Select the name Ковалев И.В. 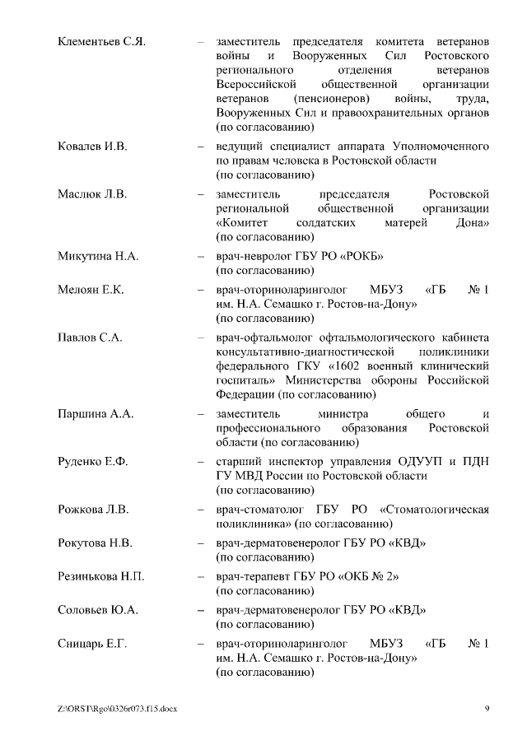coord(92,147)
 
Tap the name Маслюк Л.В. coord(92,194)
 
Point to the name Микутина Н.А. coord(98,257)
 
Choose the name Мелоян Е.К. coord(91,290)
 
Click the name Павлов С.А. coord(89,338)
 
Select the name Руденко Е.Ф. coord(93,461)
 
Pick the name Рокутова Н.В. coord(96,543)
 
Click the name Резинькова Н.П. coord(101,576)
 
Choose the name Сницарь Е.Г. coord(92,643)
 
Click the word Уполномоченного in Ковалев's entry coord(441,147)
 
